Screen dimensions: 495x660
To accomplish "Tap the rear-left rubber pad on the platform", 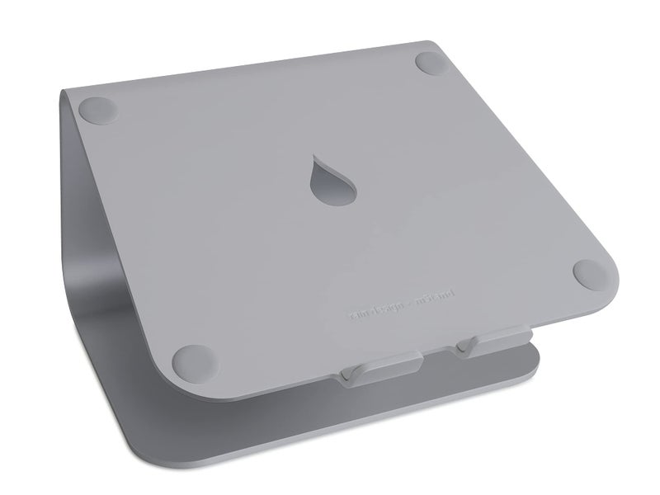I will click(97, 108).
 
